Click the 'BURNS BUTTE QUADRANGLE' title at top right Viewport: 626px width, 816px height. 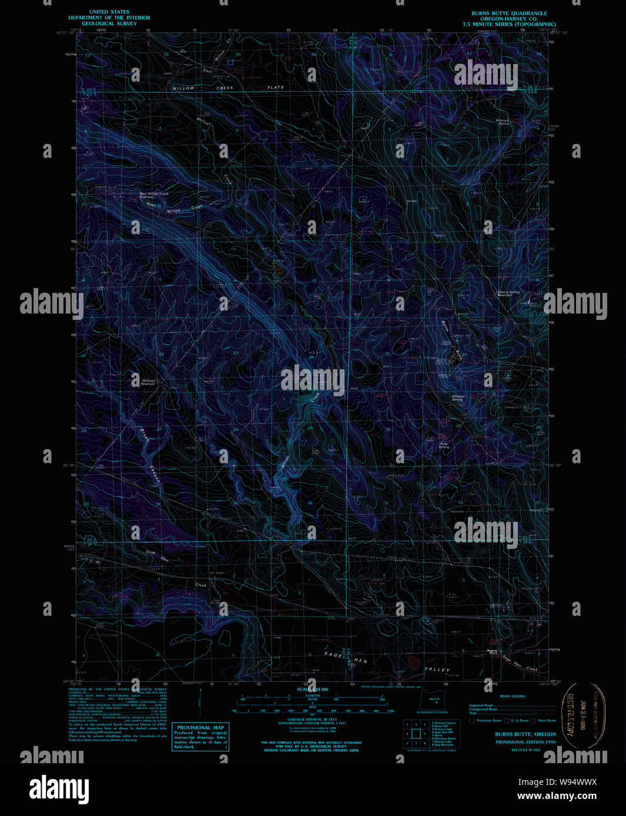click(508, 14)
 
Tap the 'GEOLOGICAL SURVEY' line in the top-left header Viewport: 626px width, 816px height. click(109, 24)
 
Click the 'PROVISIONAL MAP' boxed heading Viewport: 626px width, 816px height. click(200, 727)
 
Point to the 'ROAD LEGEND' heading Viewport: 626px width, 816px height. click(512, 696)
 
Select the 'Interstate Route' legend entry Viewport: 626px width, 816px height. click(487, 720)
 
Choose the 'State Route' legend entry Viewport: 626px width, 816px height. click(547, 720)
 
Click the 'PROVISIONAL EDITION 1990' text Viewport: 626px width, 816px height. click(525, 742)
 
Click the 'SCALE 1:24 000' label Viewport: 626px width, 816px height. click(313, 689)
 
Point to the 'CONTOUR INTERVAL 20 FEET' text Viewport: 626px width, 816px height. click(313, 719)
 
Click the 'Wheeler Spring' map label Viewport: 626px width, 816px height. click(458, 397)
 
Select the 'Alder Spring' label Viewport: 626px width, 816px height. click(444, 445)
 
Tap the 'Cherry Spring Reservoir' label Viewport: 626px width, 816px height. click(508, 293)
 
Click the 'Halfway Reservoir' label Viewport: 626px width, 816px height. click(148, 382)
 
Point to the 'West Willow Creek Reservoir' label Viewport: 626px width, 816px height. click(153, 195)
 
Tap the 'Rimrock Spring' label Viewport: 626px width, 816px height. click(503, 122)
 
